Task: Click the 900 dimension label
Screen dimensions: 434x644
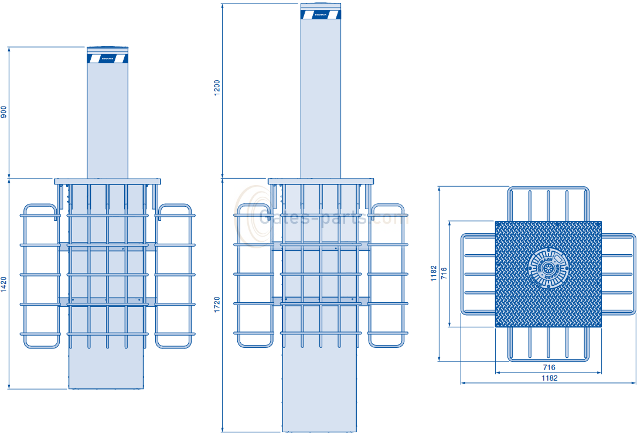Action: pos(4,112)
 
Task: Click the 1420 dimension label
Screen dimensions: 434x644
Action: pos(4,283)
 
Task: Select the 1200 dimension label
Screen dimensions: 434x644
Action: pos(217,88)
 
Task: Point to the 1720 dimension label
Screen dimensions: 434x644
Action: pos(217,305)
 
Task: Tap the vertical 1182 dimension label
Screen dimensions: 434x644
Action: pos(434,274)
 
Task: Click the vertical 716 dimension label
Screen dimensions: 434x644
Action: pos(444,274)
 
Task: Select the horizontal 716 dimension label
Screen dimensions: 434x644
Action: pos(548,367)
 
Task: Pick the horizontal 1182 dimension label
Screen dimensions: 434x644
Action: pos(548,378)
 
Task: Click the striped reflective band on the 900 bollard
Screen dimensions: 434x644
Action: pos(107,59)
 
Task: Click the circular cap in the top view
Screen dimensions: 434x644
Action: pos(548,268)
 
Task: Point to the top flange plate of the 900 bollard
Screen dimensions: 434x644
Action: pos(107,182)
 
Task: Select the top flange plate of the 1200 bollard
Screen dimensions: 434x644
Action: pos(321,182)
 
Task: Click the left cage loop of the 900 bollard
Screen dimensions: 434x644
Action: pos(41,275)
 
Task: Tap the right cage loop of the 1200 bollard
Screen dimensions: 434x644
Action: pos(387,275)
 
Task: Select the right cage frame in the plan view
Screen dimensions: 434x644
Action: pos(619,274)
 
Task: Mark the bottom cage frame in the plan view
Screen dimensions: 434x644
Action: pos(548,344)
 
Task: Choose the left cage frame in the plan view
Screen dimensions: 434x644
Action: pos(478,274)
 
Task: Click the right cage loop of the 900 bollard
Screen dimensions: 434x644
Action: pos(174,275)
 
